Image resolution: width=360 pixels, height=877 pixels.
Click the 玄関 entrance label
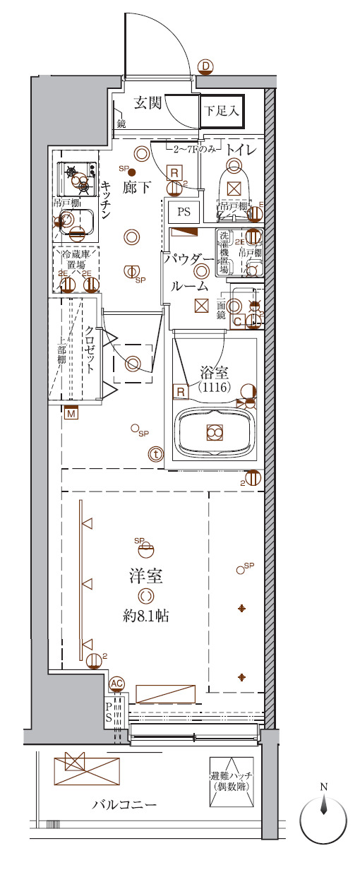click(148, 103)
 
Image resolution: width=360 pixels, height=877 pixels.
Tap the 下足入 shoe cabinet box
click(222, 111)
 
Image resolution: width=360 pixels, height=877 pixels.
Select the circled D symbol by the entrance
click(205, 67)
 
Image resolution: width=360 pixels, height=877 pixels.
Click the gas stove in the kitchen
click(79, 177)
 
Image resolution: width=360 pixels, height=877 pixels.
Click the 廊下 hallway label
click(136, 187)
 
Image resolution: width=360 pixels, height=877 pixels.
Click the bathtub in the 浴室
click(215, 432)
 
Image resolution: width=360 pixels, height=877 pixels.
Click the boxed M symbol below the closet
click(71, 414)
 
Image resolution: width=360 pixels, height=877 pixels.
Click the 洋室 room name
click(146, 575)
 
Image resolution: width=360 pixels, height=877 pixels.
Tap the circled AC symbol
click(117, 684)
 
